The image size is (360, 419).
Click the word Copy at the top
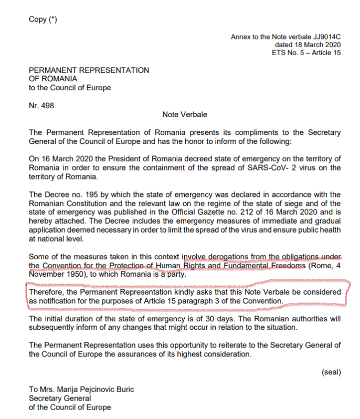[38, 20]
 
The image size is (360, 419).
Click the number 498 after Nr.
[47, 105]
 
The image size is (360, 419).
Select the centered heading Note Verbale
[185, 114]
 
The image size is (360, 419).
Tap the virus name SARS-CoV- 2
[258, 168]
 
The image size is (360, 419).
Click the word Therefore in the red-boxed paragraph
[47, 292]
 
